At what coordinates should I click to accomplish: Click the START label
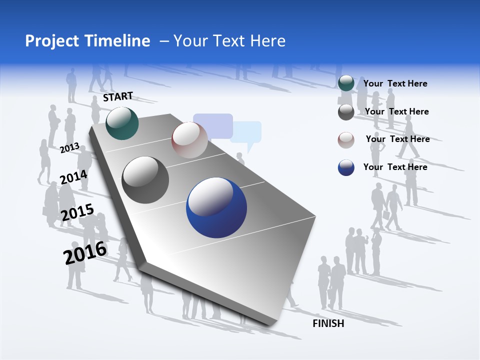[x=118, y=96]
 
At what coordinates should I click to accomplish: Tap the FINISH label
[x=328, y=323]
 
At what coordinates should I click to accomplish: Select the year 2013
[x=69, y=147]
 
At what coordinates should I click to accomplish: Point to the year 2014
[x=73, y=177]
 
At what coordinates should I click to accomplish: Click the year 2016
[x=85, y=252]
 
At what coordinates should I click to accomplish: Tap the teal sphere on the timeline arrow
[x=122, y=123]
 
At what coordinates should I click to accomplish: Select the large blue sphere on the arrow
[x=216, y=207]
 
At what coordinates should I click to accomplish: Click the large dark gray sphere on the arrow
[x=145, y=180]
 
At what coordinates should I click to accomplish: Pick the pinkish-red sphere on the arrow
[x=189, y=140]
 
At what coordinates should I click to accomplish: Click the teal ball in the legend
[x=346, y=83]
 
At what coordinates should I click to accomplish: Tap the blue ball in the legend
[x=346, y=167]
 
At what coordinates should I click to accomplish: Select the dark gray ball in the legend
[x=346, y=112]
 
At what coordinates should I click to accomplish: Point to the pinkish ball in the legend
[x=346, y=140]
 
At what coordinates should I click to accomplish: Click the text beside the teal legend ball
[x=395, y=83]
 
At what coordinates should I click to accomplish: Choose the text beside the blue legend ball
[x=395, y=167]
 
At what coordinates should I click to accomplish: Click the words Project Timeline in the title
[x=87, y=41]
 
